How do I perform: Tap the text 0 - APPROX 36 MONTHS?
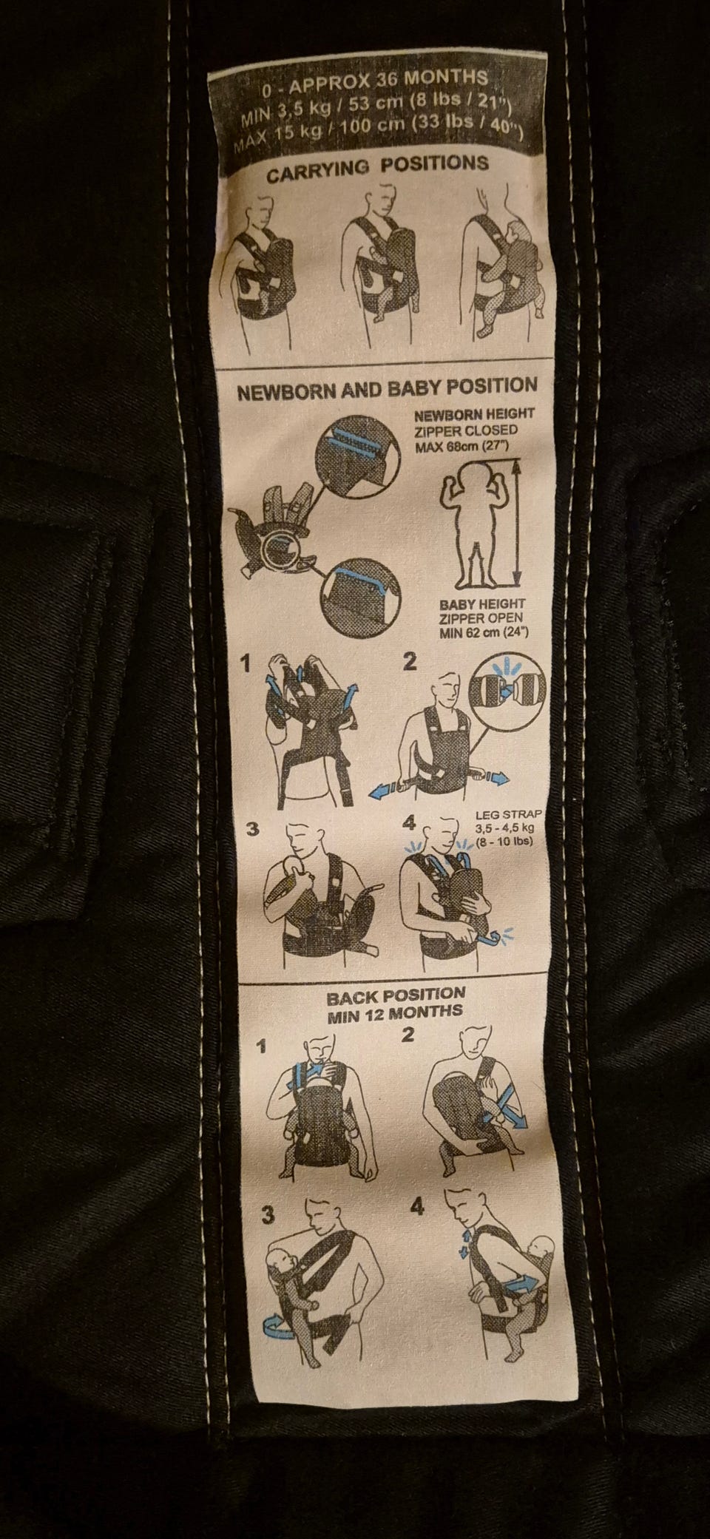[376, 81]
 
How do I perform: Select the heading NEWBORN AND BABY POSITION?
[387, 388]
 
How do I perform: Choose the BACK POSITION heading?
[396, 995]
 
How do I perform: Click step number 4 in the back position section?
[419, 1208]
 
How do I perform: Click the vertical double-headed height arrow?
[517, 520]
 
